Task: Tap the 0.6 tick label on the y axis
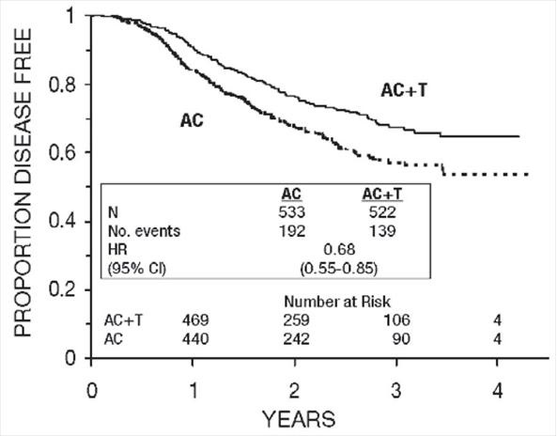tap(65, 153)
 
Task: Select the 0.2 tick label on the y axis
tap(65, 290)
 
